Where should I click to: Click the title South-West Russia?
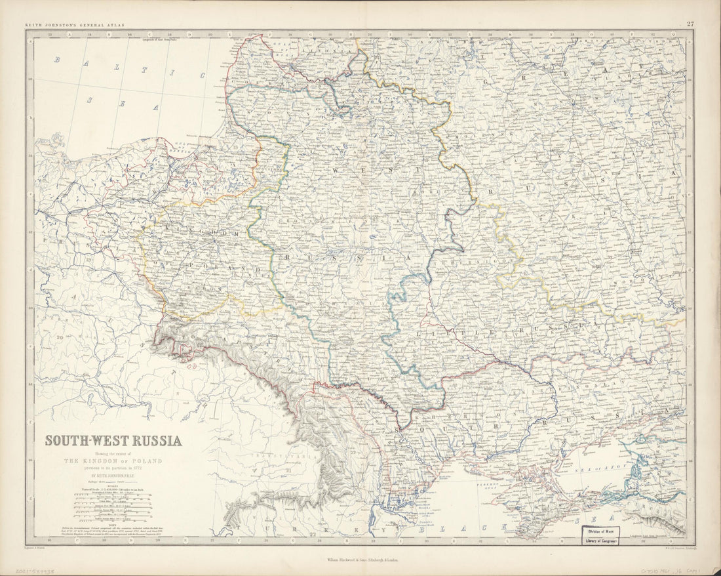pos(113,441)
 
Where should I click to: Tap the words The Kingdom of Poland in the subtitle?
pos(113,461)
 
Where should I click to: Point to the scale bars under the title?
pos(113,505)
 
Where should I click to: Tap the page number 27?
pos(690,24)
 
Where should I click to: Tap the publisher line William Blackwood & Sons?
pos(360,562)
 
